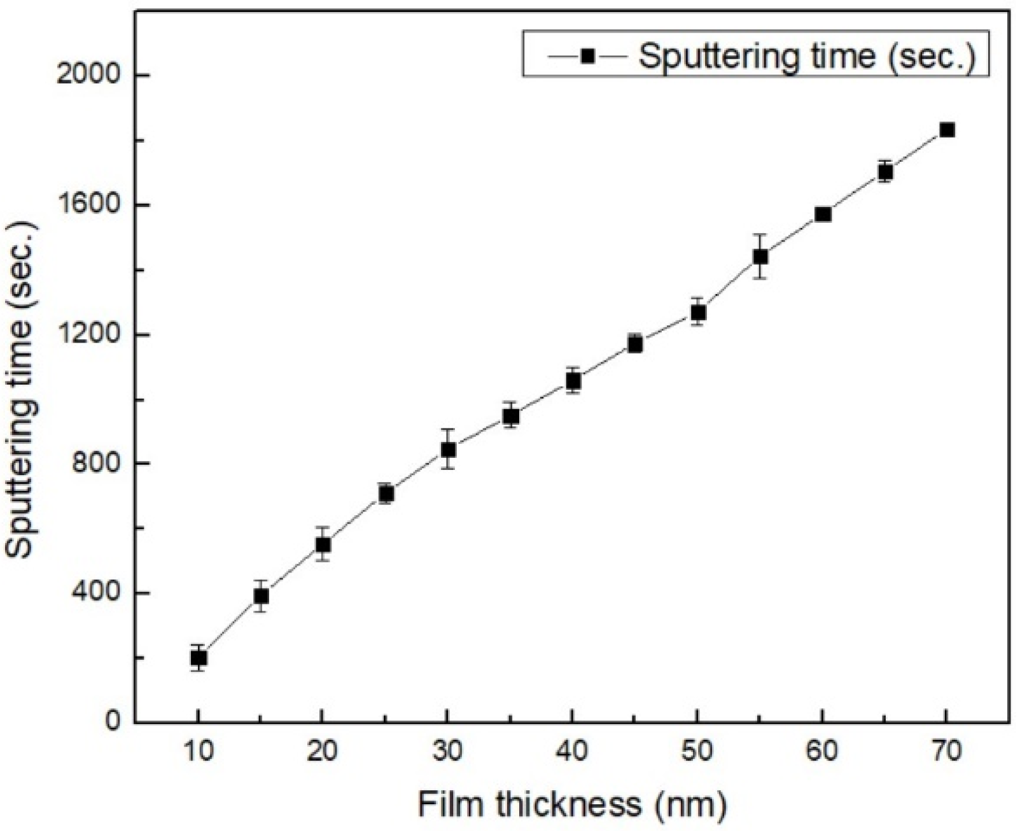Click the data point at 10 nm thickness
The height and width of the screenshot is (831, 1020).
[x=199, y=657]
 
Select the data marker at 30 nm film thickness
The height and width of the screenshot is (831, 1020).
[x=448, y=450]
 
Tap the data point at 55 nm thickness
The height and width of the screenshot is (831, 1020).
[x=760, y=256]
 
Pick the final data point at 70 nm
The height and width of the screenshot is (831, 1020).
[x=947, y=130]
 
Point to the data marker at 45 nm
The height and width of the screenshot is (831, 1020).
[x=635, y=344]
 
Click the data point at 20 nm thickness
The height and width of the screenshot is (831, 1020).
[x=323, y=545]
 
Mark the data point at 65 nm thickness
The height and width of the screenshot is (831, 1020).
[x=885, y=172]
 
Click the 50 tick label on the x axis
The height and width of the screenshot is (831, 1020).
[x=698, y=752]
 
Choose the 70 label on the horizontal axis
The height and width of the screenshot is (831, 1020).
[x=947, y=752]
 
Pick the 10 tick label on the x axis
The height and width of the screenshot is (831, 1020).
[x=199, y=752]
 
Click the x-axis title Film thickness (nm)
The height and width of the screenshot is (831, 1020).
[x=571, y=804]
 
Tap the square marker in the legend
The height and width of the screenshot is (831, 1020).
[x=588, y=56]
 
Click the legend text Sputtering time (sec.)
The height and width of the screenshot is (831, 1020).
[x=807, y=56]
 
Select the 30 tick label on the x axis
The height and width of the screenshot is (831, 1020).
[x=448, y=752]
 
